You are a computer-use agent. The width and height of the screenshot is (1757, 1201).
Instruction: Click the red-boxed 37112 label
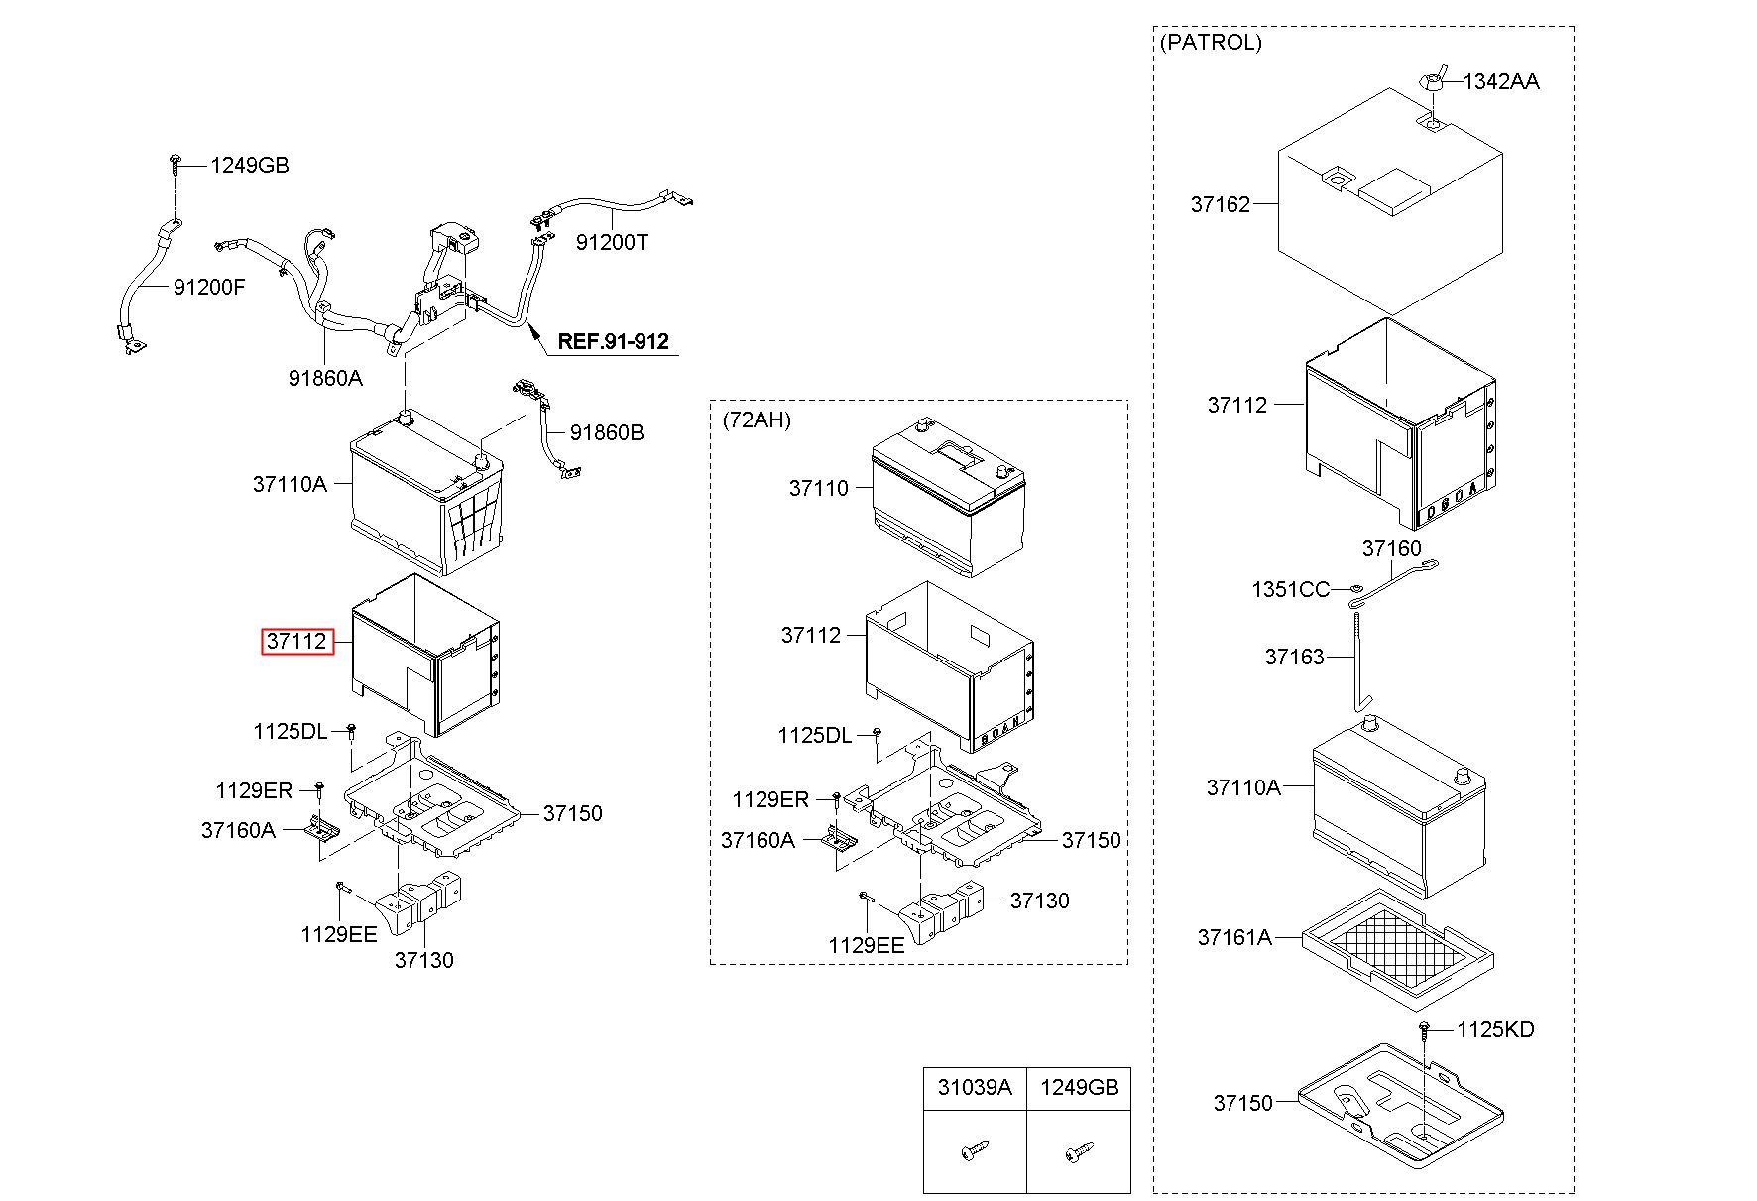pyautogui.click(x=295, y=642)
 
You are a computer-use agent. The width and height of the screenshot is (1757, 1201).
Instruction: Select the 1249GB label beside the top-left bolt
pyautogui.click(x=249, y=166)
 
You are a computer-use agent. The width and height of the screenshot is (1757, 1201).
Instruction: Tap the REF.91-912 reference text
pyautogui.click(x=613, y=342)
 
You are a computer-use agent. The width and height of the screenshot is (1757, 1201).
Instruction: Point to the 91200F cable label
pyautogui.click(x=208, y=288)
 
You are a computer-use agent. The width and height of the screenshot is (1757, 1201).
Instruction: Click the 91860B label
pyautogui.click(x=607, y=433)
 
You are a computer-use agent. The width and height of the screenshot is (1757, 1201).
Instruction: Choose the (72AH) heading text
pyautogui.click(x=758, y=420)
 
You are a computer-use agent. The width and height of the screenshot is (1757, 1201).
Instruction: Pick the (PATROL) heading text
pyautogui.click(x=1211, y=43)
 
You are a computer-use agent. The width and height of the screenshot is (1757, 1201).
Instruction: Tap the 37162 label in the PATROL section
pyautogui.click(x=1220, y=204)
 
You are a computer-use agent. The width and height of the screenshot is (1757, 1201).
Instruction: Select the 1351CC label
pyautogui.click(x=1290, y=590)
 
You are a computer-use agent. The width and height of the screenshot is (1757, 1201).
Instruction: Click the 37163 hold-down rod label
pyautogui.click(x=1294, y=658)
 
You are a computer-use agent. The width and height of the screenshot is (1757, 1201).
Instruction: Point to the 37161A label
pyautogui.click(x=1233, y=937)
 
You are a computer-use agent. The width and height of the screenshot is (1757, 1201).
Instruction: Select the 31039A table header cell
pyautogui.click(x=975, y=1088)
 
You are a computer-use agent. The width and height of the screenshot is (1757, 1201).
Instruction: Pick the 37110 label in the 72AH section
pyautogui.click(x=818, y=488)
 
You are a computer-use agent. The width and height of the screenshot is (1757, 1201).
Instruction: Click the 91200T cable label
pyautogui.click(x=612, y=243)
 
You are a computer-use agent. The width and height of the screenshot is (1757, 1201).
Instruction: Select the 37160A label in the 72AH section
pyautogui.click(x=758, y=841)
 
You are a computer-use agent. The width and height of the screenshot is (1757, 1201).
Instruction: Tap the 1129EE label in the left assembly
pyautogui.click(x=339, y=934)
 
